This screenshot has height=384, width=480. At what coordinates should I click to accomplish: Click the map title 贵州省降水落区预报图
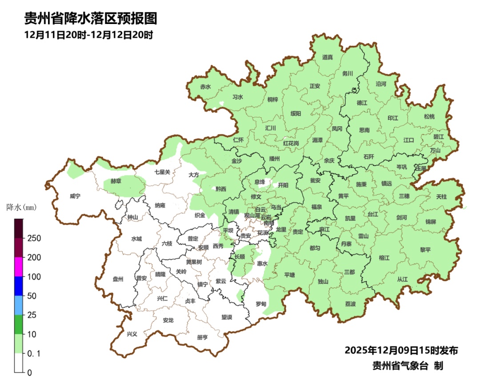tap(91, 19)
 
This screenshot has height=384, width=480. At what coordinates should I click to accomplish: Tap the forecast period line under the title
tap(89, 35)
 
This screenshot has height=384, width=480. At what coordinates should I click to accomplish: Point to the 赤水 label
tap(205, 87)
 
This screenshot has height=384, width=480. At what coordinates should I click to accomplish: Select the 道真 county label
tap(328, 57)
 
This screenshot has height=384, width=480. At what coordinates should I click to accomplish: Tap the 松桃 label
tap(429, 117)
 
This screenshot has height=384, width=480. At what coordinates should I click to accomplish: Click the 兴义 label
tap(132, 334)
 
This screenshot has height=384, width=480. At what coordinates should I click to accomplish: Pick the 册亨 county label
tap(202, 337)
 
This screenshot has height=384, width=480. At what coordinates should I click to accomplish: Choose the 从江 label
tap(402, 279)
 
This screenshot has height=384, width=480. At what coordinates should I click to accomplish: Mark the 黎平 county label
tap(425, 250)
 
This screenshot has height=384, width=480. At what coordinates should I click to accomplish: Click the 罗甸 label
tap(261, 304)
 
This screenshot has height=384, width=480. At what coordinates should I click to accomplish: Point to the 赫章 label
tap(116, 182)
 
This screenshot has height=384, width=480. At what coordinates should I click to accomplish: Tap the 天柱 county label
tap(441, 196)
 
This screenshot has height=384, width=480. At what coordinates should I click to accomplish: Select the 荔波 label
tap(350, 304)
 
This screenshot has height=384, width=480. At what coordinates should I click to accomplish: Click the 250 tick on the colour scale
tap(33, 238)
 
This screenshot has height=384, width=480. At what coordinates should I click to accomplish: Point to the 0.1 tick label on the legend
tap(34, 353)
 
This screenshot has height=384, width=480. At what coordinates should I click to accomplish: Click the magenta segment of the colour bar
tap(19, 267)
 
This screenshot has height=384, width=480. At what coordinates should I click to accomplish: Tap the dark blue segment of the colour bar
tap(19, 286)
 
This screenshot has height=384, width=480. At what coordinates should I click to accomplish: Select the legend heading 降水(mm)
tap(21, 207)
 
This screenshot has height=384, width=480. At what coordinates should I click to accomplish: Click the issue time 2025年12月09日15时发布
tap(401, 350)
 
